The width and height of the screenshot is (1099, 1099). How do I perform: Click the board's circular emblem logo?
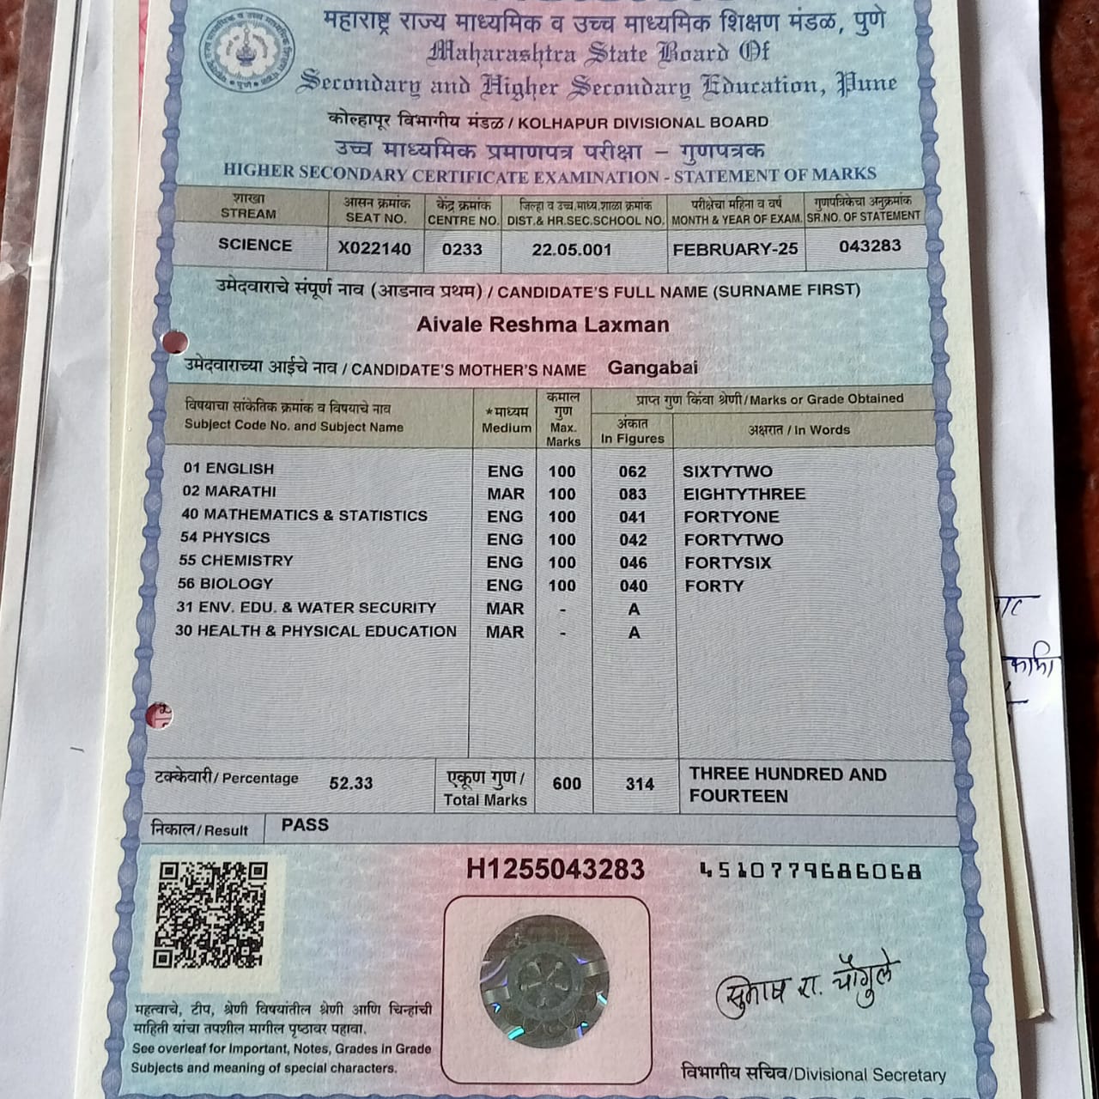pyautogui.click(x=246, y=50)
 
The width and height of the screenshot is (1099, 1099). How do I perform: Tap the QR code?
pyautogui.click(x=210, y=914)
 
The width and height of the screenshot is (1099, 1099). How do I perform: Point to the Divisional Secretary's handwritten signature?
pyautogui.click(x=808, y=987)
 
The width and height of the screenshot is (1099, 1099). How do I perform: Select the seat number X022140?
pyautogui.click(x=374, y=249)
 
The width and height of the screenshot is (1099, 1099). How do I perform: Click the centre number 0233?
pyautogui.click(x=462, y=250)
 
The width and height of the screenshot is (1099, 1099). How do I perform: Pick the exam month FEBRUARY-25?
pyautogui.click(x=735, y=249)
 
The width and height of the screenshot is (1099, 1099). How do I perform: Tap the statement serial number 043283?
pyautogui.click(x=870, y=246)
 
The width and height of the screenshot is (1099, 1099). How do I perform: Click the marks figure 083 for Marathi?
pyautogui.click(x=633, y=495)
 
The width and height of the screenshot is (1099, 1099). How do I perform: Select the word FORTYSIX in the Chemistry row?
pyautogui.click(x=727, y=563)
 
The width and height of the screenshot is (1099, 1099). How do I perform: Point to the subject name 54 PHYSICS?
pyautogui.click(x=225, y=537)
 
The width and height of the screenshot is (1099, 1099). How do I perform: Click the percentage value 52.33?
pyautogui.click(x=351, y=783)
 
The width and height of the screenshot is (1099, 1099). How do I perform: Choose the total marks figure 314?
pyautogui.click(x=640, y=784)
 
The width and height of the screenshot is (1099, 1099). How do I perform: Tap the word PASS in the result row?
pyautogui.click(x=305, y=825)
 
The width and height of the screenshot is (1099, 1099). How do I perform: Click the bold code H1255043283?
pyautogui.click(x=555, y=870)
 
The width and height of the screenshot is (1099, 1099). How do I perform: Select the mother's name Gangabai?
pyautogui.click(x=653, y=368)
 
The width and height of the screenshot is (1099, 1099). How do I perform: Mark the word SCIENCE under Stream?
pyautogui.click(x=255, y=245)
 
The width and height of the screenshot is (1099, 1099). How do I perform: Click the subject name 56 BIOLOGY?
pyautogui.click(x=225, y=584)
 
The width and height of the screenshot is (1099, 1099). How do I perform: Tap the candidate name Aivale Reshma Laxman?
pyautogui.click(x=543, y=325)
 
